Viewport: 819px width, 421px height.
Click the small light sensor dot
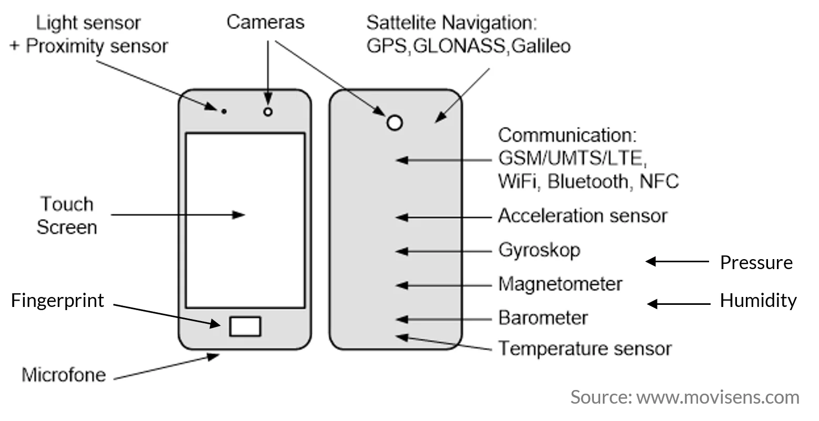coord(224,111)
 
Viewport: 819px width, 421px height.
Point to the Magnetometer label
coord(560,284)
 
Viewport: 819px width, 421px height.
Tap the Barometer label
coord(543,317)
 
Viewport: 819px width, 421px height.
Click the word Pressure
coord(756,262)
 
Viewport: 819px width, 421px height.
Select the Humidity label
coord(758,301)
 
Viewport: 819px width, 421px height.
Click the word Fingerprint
coord(57,301)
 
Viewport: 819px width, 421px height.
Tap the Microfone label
coord(64,375)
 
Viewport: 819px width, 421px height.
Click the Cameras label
coord(266,22)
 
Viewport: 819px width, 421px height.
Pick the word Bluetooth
coord(588,181)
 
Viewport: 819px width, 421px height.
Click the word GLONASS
coord(459,46)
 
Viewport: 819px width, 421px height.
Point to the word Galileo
coord(541,46)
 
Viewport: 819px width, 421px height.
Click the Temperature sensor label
coord(585,348)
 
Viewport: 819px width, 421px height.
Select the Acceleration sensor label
coord(583,215)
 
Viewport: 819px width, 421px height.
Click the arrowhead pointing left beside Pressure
coord(651,261)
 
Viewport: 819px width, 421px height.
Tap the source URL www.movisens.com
coord(717,397)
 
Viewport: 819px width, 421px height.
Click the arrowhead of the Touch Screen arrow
coord(239,214)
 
